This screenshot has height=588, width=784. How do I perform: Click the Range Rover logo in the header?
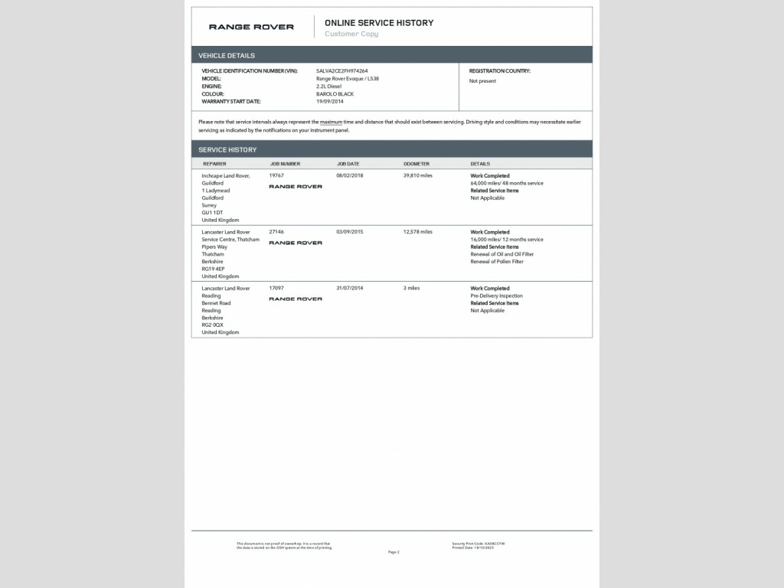click(251, 27)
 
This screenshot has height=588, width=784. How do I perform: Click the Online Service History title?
click(379, 23)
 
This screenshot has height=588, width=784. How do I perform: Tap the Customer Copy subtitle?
click(351, 34)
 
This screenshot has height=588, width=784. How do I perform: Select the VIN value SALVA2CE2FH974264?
click(341, 70)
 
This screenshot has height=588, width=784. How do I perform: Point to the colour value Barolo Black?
click(335, 93)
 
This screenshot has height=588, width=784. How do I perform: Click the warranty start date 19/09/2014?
click(330, 101)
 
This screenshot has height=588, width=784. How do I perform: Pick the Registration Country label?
click(499, 70)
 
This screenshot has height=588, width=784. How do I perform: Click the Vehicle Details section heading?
click(227, 55)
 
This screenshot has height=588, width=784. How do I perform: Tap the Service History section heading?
click(227, 149)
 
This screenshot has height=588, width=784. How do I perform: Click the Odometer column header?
click(416, 164)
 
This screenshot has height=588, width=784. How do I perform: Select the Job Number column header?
click(285, 164)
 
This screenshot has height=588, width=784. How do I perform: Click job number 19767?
click(276, 175)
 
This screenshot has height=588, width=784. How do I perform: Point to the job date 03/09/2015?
click(349, 231)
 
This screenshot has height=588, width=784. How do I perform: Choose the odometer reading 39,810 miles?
click(418, 175)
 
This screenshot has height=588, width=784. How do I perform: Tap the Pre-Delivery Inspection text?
click(496, 296)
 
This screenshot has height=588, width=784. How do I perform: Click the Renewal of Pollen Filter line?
click(497, 261)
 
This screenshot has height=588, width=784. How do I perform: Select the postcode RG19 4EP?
click(213, 269)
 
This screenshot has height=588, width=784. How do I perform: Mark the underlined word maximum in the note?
click(331, 122)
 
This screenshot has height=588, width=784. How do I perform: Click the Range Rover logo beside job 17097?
click(296, 299)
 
